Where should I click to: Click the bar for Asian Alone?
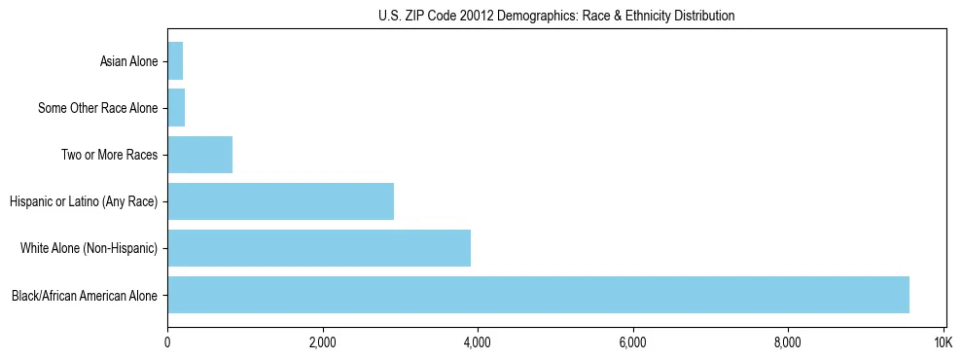(x=175, y=61)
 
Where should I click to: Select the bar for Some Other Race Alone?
(x=176, y=108)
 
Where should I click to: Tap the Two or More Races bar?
(x=199, y=155)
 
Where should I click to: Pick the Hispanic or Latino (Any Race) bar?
(x=280, y=201)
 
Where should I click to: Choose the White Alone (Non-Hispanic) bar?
(x=319, y=248)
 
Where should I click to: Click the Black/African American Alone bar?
(x=538, y=295)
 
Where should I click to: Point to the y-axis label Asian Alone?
(x=128, y=61)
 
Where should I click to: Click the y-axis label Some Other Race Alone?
(x=97, y=108)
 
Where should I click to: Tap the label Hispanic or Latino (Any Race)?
(x=84, y=201)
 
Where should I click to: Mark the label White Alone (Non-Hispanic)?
(x=89, y=248)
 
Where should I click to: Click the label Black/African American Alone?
(x=85, y=295)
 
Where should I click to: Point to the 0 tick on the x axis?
(x=167, y=342)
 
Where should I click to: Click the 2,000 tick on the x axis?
(x=322, y=342)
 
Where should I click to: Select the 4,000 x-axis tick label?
(x=478, y=342)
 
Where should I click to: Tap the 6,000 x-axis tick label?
(x=632, y=342)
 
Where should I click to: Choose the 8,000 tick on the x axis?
(x=788, y=342)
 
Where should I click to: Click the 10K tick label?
(x=943, y=342)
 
